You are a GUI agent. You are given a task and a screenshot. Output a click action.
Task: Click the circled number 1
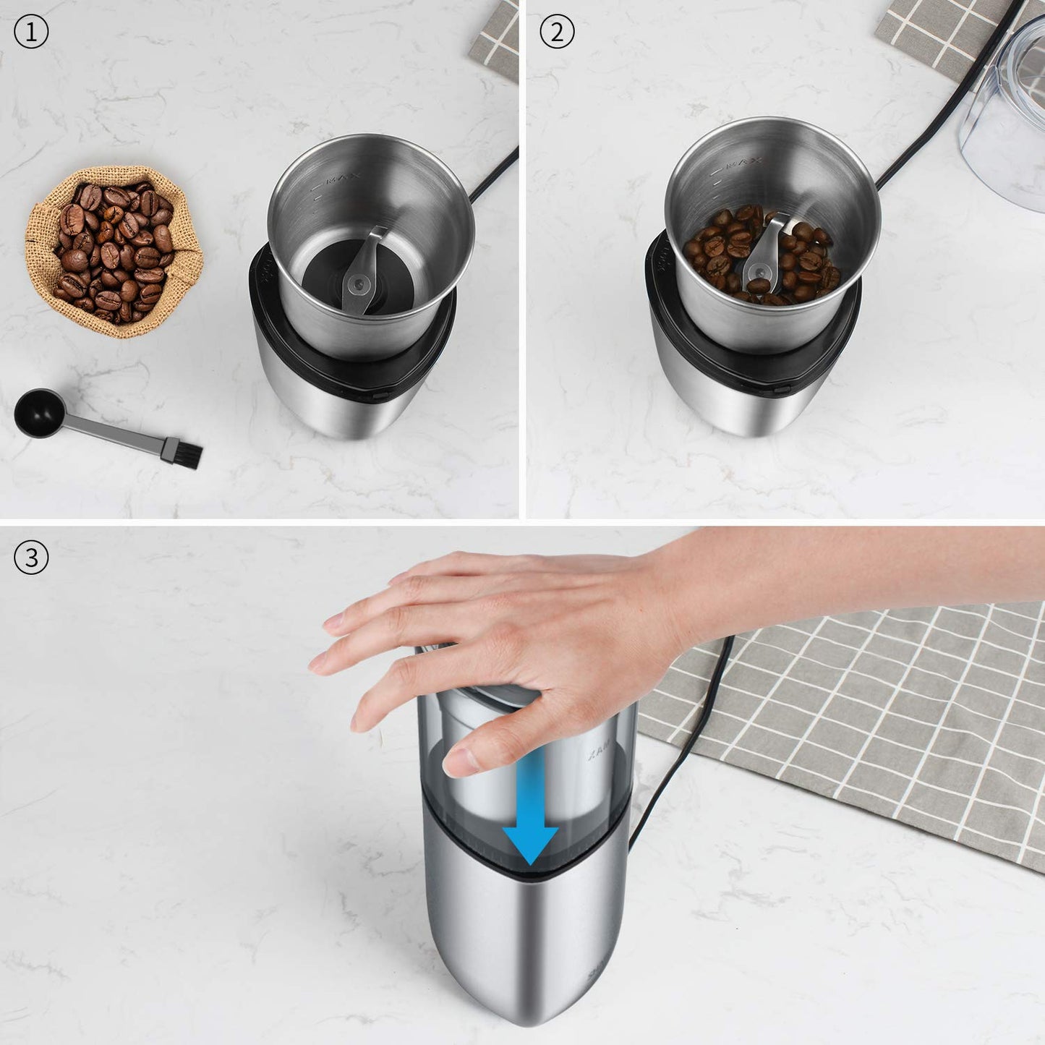31,33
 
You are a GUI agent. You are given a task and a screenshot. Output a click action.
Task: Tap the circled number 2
557,33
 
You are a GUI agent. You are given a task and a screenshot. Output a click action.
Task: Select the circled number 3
31,558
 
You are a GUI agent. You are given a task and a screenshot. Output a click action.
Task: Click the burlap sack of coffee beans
114,249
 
